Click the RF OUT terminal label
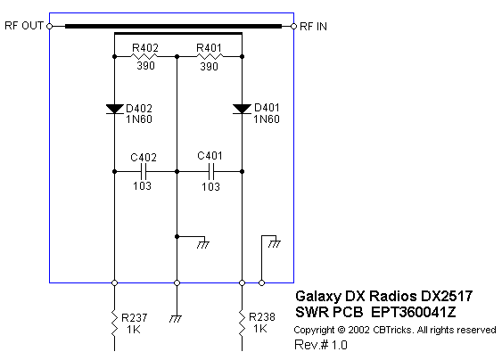pyautogui.click(x=24, y=26)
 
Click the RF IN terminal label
pyautogui.click(x=314, y=27)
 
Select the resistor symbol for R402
pyautogui.click(x=144, y=57)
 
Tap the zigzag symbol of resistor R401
pyautogui.click(x=210, y=57)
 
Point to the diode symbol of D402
pyautogui.click(x=115, y=109)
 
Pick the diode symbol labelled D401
pyautogui.click(x=242, y=109)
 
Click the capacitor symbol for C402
pyautogui.click(x=144, y=172)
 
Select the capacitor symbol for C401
pyautogui.click(x=210, y=172)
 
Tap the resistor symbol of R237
pyautogui.click(x=114, y=323)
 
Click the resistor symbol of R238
pyautogui.click(x=242, y=323)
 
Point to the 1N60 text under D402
pyautogui.click(x=139, y=119)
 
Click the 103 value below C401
pyautogui.click(x=210, y=186)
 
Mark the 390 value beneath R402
pyautogui.click(x=146, y=66)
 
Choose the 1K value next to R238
pyautogui.click(x=260, y=329)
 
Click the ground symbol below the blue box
pyautogui.click(x=176, y=319)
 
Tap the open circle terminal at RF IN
pyautogui.click(x=293, y=26)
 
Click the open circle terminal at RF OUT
pyautogui.click(x=50, y=26)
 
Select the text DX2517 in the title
pyautogui.click(x=447, y=296)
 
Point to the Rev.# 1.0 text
pyautogui.click(x=321, y=345)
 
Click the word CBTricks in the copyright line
pyautogui.click(x=391, y=330)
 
